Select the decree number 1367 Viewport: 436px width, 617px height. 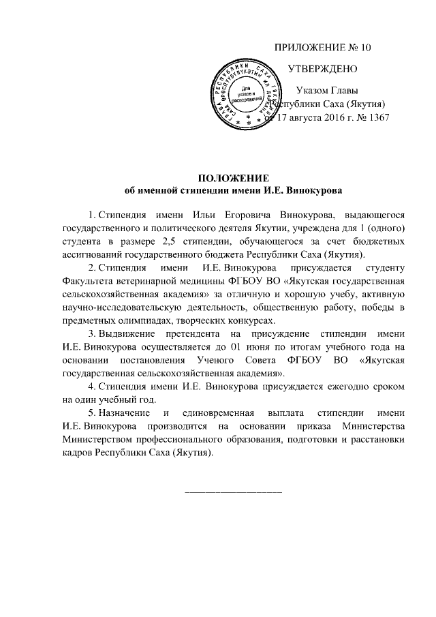pos(377,117)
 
